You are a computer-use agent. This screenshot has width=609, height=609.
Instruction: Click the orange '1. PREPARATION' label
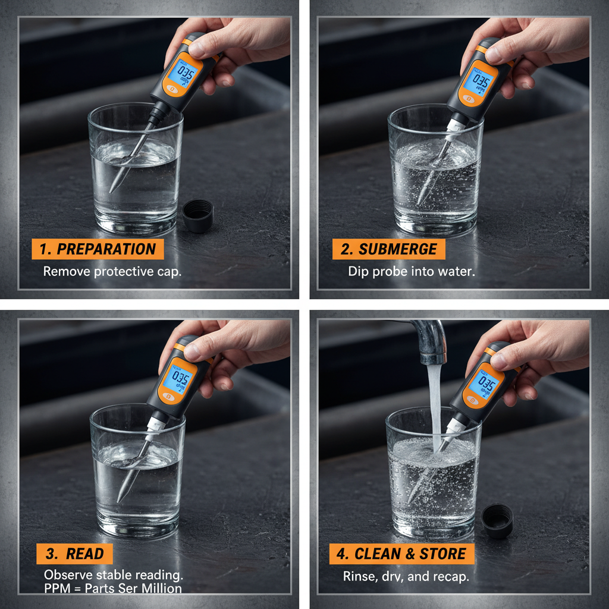(98, 249)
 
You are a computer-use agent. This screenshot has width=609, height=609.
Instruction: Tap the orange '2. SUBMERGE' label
(389, 249)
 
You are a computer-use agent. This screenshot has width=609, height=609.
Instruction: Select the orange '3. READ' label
(74, 554)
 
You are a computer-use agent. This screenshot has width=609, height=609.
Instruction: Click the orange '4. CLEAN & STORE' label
(402, 554)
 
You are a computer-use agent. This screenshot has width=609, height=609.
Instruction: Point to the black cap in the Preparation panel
(198, 215)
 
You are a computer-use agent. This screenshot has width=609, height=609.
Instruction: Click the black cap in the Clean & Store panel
(497, 520)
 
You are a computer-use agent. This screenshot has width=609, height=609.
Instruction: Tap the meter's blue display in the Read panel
(179, 379)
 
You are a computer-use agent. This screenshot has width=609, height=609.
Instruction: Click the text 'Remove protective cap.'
(112, 271)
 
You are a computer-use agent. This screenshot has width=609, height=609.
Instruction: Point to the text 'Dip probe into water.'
(412, 271)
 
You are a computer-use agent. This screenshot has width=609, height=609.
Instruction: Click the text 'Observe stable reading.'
(114, 575)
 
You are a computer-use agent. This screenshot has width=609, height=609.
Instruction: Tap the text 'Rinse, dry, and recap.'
(406, 576)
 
